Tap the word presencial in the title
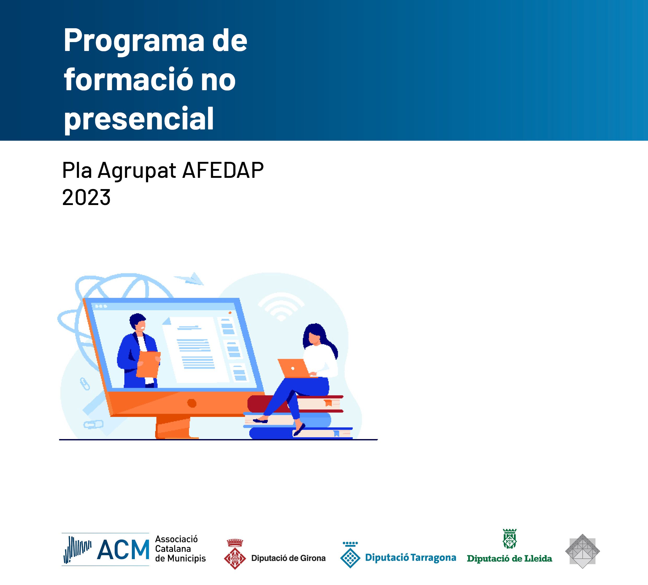[x=139, y=119]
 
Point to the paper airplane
[x=189, y=278]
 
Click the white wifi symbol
[x=281, y=305]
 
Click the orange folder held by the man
[x=148, y=364]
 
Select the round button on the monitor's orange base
[x=192, y=403]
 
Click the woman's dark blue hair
[x=318, y=338]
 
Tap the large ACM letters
[x=123, y=550]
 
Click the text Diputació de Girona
[x=288, y=558]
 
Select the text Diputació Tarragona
[x=410, y=558]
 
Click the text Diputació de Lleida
[x=510, y=558]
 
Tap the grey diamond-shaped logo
[x=582, y=551]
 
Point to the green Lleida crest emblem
[x=510, y=539]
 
